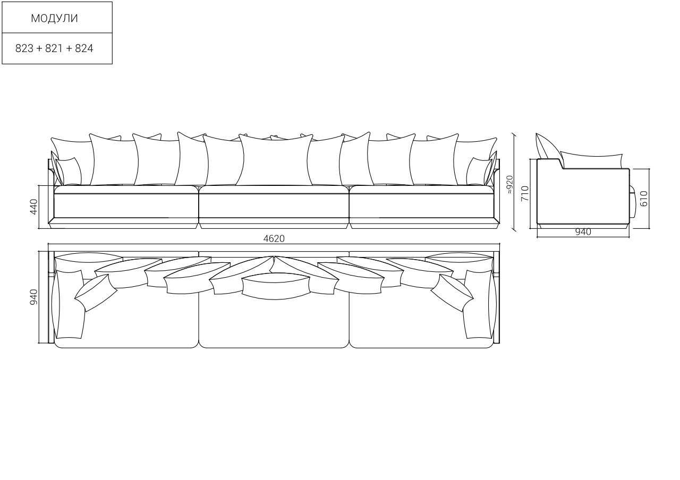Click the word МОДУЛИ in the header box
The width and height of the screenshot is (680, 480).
tap(54, 18)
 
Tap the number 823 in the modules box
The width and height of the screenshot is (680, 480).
tap(24, 48)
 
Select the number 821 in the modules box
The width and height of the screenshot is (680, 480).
tap(54, 48)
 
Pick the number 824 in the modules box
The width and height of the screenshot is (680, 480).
tap(84, 48)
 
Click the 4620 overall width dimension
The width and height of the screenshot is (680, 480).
tap(274, 239)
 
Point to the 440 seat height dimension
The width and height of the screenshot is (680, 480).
tap(33, 207)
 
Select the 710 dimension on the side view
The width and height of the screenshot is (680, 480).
tap(525, 193)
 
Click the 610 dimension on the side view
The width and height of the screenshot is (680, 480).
tap(643, 199)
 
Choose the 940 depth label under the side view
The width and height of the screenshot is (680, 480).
tap(583, 232)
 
